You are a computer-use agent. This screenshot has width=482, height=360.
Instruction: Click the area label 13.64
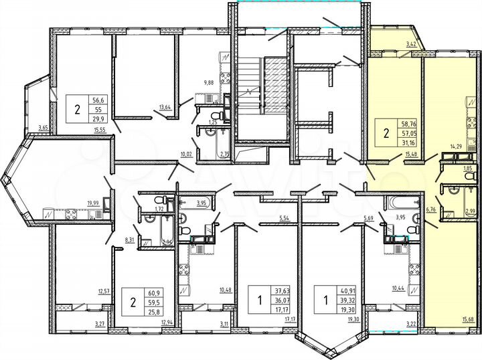163,106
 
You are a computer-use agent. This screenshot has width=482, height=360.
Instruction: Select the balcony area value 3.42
412,44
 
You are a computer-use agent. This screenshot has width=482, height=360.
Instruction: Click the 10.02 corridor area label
186,155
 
